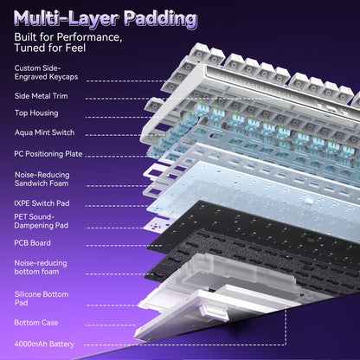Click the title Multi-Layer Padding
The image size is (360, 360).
point(106,19)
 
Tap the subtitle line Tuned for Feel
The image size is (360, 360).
point(50,48)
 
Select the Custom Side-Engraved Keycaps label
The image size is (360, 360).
point(46,73)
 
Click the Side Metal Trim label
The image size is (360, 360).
point(42,96)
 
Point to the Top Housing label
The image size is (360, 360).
point(36,113)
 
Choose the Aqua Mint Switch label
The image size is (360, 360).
point(45,132)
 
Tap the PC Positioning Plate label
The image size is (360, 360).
point(48,154)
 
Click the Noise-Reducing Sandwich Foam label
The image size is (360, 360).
point(42,179)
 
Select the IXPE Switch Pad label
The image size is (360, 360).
point(42,203)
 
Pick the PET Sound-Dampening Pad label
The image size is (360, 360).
point(42,221)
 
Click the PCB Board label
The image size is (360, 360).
point(32,243)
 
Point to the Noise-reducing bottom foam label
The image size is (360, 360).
point(41,267)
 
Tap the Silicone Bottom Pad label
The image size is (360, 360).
point(42,299)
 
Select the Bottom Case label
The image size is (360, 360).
point(36,323)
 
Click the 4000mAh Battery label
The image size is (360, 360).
point(44,344)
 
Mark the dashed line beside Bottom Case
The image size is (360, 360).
point(111,325)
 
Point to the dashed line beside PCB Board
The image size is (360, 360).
point(125,246)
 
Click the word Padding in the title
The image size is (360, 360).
point(161,19)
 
